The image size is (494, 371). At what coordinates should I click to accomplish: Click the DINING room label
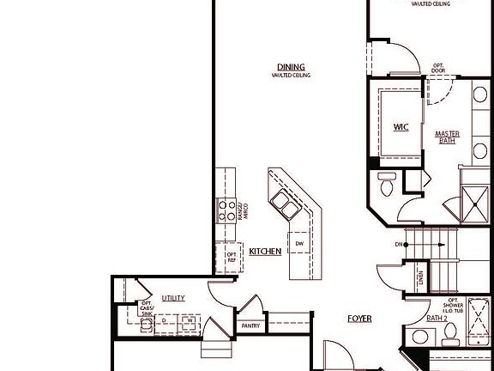click(291, 67)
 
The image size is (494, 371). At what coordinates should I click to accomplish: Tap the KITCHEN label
click(265, 251)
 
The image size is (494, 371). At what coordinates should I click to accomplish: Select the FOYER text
click(359, 319)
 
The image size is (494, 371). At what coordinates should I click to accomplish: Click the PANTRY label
click(251, 325)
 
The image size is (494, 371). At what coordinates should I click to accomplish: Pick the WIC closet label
click(401, 127)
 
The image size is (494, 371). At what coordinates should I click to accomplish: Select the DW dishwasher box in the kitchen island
click(299, 244)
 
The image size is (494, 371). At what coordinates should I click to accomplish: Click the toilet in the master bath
click(386, 183)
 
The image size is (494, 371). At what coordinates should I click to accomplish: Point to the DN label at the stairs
click(399, 244)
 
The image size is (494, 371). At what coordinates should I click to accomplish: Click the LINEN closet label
click(419, 277)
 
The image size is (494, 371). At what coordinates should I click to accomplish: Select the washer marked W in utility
click(190, 323)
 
